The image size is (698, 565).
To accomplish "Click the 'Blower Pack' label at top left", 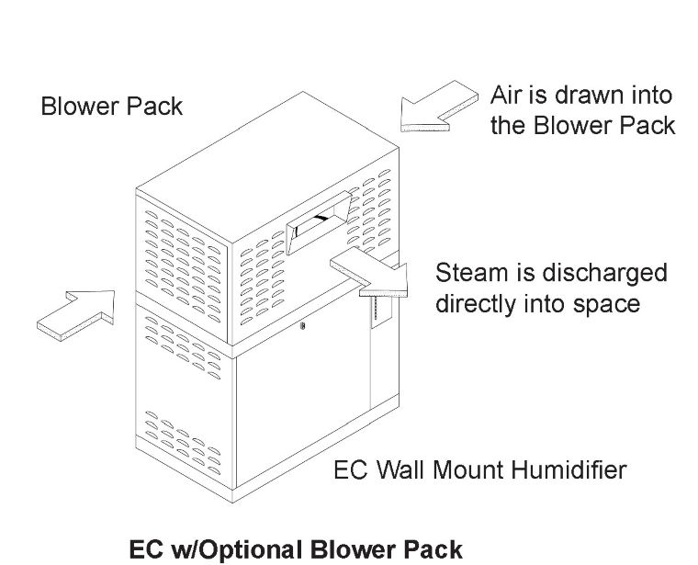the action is coord(112,107).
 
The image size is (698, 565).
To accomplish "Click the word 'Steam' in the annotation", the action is coord(471,273).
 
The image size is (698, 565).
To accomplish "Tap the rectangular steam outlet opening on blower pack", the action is coord(319,221).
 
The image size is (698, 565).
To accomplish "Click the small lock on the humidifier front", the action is coord(303,325).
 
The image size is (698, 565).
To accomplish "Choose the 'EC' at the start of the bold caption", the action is coord(146,549).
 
